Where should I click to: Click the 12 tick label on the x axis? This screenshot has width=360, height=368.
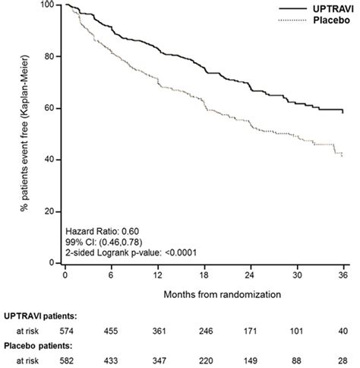[158, 274]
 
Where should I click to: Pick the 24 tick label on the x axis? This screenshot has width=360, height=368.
[251, 274]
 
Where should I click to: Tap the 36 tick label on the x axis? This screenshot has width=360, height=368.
[343, 274]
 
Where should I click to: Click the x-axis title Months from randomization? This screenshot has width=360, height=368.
[205, 292]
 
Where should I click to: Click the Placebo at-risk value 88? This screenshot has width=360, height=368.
[298, 360]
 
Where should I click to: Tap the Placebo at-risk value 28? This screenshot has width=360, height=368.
[343, 360]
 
